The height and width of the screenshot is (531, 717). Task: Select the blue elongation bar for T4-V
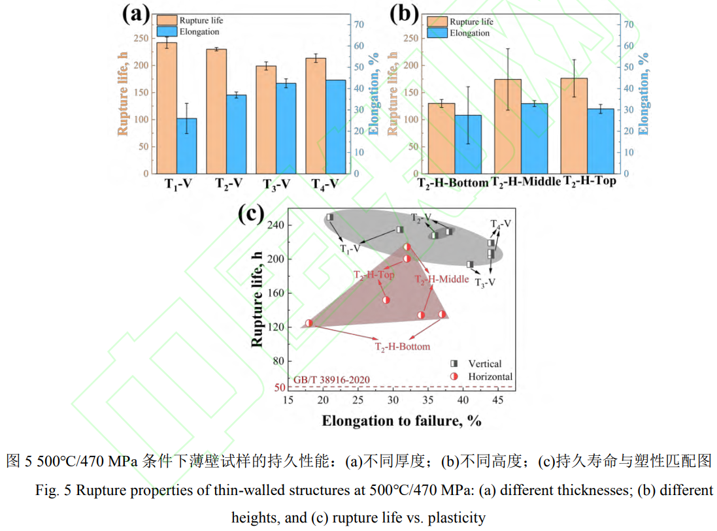335,127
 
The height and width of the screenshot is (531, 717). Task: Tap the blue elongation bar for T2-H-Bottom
468,144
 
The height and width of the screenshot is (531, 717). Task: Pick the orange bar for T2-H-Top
573,125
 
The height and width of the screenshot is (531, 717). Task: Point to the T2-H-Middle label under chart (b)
525,182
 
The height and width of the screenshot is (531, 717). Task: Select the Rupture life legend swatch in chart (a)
166,20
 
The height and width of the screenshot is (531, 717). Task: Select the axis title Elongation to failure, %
401,421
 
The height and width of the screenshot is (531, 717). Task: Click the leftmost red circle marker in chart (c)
309,323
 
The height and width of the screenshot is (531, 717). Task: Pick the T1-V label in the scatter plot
352,249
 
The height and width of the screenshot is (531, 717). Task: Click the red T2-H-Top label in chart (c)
374,275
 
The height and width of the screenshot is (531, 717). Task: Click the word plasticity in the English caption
460,518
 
